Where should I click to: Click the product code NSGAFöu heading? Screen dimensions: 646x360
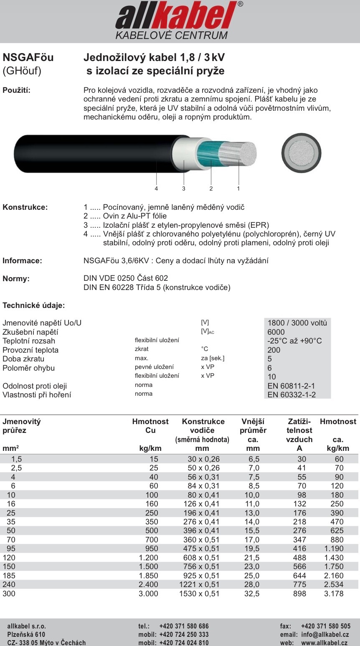click(x=28, y=57)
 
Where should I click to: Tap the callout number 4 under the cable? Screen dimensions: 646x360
click(x=156, y=188)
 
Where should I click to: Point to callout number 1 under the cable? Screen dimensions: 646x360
click(x=238, y=188)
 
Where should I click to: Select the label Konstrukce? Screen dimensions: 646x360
click(x=25, y=207)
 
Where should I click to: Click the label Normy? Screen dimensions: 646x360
click(x=16, y=279)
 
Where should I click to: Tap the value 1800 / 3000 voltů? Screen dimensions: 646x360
click(x=297, y=323)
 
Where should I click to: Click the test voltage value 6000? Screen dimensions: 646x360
click(x=276, y=332)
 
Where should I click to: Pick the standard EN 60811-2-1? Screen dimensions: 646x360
click(x=291, y=386)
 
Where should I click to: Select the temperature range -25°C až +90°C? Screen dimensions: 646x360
click(x=294, y=341)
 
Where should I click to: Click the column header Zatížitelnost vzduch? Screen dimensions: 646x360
click(x=299, y=430)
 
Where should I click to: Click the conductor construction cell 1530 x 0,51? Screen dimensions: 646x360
click(x=199, y=593)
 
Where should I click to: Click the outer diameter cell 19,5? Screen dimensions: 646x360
click(x=252, y=549)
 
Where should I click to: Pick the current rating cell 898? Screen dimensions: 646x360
click(x=299, y=593)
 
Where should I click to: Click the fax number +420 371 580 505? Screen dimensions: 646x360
click(x=325, y=626)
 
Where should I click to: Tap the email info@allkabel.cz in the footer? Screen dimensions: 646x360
click(x=325, y=634)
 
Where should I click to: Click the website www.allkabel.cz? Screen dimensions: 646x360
click(x=324, y=643)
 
